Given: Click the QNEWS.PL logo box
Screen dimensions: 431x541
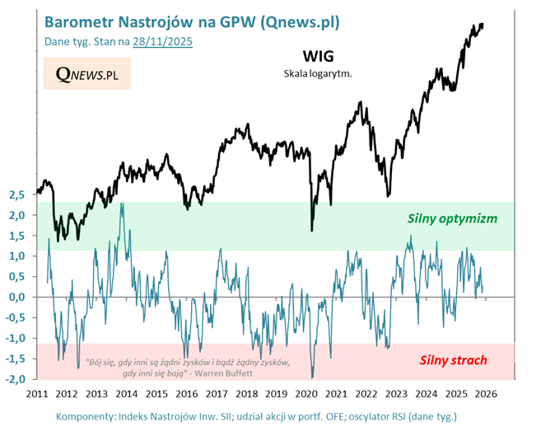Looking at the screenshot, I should tap(86, 75).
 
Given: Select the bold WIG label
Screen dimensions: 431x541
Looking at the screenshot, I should tap(318, 57).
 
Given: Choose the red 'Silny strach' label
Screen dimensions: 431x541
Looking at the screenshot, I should tap(453, 359).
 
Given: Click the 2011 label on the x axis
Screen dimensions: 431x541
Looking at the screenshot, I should tap(37, 394).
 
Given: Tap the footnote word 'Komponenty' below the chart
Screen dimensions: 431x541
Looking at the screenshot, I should tap(86, 416).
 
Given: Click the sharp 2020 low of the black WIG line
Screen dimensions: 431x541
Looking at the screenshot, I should tap(311, 230).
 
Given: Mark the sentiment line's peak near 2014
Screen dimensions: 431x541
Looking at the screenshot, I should tap(122, 204).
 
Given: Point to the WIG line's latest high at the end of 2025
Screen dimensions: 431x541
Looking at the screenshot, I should tap(482, 25).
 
